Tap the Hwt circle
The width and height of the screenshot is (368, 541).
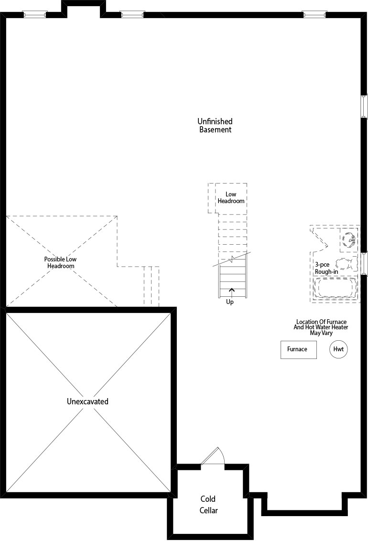point(338,349)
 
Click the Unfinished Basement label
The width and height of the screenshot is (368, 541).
point(215,126)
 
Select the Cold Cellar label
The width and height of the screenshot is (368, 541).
point(208,504)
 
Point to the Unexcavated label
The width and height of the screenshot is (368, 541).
point(87,401)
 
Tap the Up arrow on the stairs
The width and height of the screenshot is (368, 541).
point(231,292)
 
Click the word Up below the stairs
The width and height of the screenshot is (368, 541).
point(230,302)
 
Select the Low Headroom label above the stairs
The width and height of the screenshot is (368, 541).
point(231,198)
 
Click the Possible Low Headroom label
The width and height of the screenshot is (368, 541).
point(60,262)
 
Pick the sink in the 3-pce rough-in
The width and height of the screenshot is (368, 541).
point(349,239)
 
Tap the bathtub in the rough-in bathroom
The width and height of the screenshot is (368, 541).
point(335,288)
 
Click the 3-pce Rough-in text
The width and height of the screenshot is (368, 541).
point(326,268)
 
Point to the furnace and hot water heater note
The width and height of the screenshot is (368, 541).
point(321,327)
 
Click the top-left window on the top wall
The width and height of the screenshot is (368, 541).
point(35,14)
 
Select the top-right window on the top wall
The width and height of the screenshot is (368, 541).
point(314,14)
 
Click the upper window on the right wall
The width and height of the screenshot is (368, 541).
point(364,106)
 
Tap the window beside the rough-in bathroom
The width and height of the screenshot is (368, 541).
point(364,264)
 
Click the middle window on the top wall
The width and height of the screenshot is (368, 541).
point(132,14)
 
